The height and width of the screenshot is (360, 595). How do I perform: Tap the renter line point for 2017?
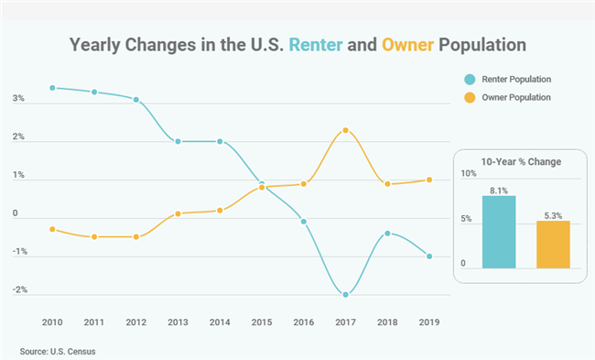pyautogui.click(x=345, y=294)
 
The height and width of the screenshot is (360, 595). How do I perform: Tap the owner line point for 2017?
pyautogui.click(x=345, y=130)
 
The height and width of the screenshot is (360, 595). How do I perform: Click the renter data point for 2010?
pyautogui.click(x=53, y=88)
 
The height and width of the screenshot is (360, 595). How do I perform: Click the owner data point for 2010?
pyautogui.click(x=53, y=229)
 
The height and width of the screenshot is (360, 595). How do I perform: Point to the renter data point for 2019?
pyautogui.click(x=429, y=256)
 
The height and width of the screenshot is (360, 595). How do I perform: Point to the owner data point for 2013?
pyautogui.click(x=178, y=213)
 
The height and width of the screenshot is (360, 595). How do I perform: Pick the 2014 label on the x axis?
pyautogui.click(x=220, y=323)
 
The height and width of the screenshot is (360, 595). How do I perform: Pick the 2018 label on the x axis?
pyautogui.click(x=387, y=323)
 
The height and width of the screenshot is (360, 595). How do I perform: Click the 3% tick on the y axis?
pyautogui.click(x=18, y=99)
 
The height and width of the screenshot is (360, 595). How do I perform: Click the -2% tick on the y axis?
pyautogui.click(x=19, y=289)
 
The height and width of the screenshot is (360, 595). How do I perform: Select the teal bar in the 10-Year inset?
pyautogui.click(x=499, y=233)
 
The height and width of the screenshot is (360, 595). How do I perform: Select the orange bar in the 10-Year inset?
pyautogui.click(x=553, y=245)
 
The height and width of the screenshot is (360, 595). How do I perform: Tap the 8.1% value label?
pyautogui.click(x=499, y=190)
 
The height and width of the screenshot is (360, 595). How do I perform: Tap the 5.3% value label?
pyautogui.click(x=553, y=215)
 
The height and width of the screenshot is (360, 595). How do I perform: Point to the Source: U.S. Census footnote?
pyautogui.click(x=58, y=350)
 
